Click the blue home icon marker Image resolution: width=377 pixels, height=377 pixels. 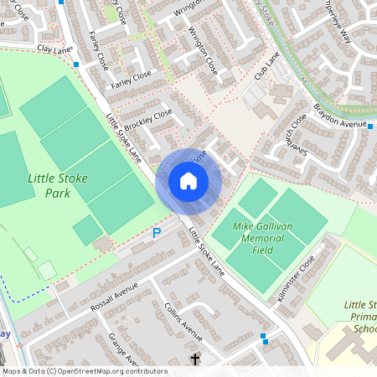tap(188, 180)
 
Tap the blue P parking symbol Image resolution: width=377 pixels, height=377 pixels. tap(156, 233)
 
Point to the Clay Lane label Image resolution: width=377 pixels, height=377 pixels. tap(55, 49)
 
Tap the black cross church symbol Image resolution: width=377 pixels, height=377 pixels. tap(195, 359)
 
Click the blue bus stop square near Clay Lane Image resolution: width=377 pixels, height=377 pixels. tap(76, 64)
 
